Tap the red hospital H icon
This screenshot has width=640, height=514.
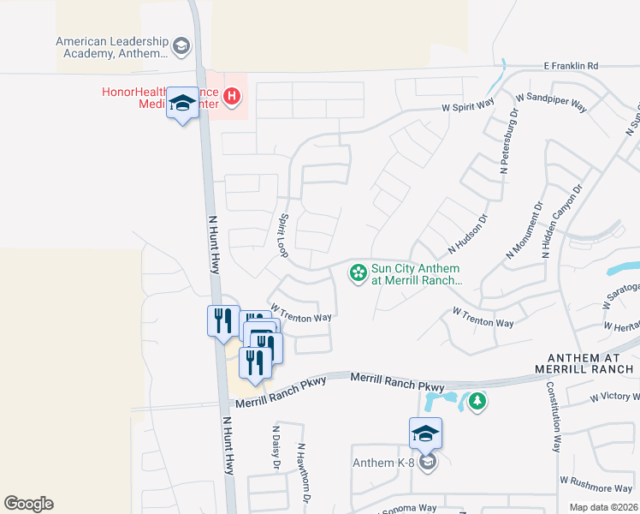231,97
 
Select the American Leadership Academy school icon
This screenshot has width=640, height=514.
181,46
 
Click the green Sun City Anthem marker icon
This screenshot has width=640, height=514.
359,274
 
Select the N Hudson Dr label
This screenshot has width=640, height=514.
467,235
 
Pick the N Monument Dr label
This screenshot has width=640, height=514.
525,230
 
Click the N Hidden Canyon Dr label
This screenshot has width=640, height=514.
562,221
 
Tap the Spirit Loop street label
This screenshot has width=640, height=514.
284,237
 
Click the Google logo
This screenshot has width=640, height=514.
28,504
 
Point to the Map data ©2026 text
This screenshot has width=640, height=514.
603,507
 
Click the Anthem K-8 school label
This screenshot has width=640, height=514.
385,464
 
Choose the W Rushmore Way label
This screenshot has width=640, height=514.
596,487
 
